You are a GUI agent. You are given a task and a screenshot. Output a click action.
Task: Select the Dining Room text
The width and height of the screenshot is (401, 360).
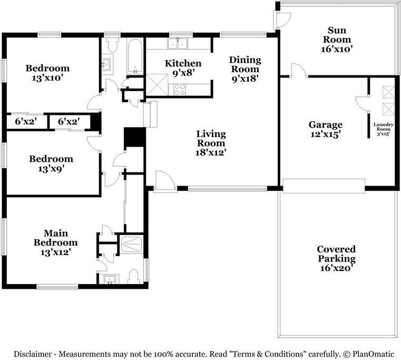[244, 64]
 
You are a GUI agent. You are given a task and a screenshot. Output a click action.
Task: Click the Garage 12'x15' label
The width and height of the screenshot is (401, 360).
[325, 129]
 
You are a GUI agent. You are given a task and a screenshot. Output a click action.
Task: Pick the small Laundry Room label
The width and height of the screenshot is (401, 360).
[382, 129]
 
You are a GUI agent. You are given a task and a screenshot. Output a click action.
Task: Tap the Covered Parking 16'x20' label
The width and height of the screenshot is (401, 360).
[336, 258]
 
